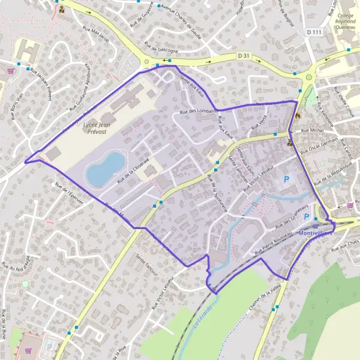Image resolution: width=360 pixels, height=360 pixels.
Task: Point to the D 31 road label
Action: (242, 55)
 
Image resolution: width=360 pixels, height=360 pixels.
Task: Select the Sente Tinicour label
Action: (149, 264)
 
